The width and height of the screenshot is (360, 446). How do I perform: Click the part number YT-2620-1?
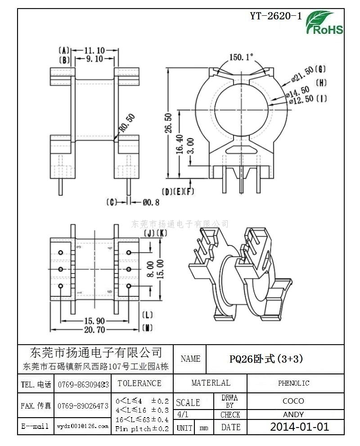(x=275, y=17)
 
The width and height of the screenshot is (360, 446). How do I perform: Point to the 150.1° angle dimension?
(x=242, y=57)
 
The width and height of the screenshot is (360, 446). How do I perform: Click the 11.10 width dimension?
(x=94, y=50)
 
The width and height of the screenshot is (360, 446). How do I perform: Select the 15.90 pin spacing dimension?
(x=94, y=321)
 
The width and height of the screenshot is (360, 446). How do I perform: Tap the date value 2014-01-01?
(x=299, y=427)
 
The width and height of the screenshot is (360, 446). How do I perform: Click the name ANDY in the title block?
(x=293, y=414)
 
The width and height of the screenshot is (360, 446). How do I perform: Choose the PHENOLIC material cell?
(x=293, y=383)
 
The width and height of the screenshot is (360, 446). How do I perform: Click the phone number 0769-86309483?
(x=83, y=385)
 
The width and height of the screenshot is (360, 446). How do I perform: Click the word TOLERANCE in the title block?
(x=139, y=383)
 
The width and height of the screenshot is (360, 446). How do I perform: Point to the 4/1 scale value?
(x=183, y=414)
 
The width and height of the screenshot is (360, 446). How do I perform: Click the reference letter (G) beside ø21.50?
(x=320, y=69)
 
